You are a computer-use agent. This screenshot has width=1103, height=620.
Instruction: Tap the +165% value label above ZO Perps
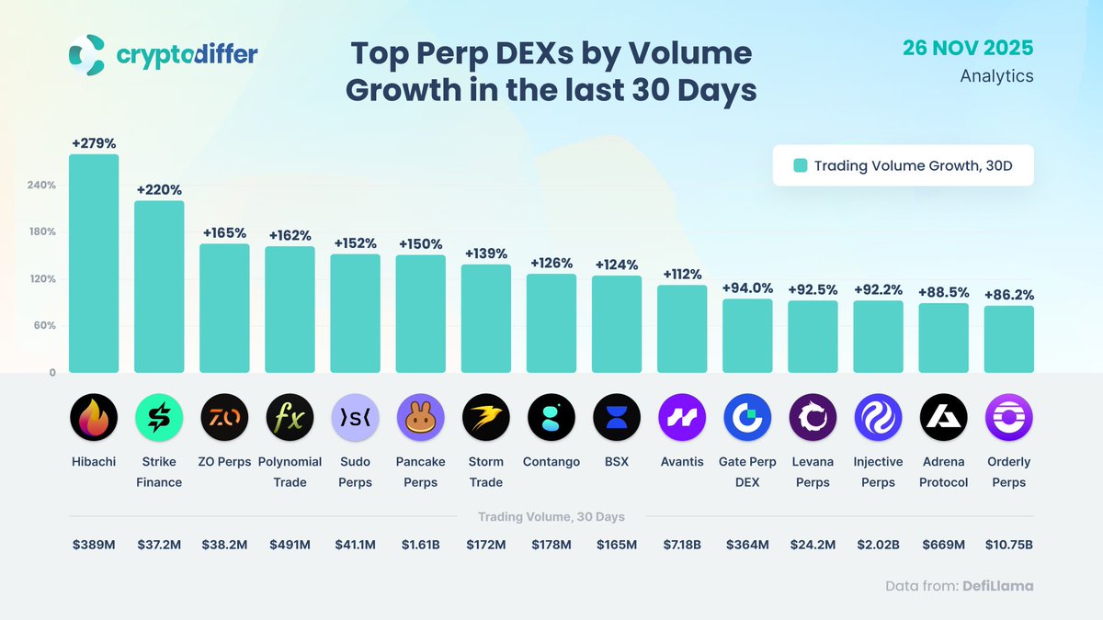pos(224,233)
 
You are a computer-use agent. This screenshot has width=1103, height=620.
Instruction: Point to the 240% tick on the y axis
pos(41,185)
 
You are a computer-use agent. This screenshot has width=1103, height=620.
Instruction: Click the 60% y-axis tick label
pos(44,326)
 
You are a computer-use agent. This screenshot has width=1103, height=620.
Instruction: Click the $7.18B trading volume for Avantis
pos(681,545)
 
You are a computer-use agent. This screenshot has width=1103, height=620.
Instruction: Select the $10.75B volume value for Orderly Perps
pos(1008,545)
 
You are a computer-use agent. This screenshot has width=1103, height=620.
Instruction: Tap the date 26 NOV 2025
pos(968,48)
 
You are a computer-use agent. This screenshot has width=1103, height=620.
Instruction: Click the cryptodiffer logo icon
pos(87,54)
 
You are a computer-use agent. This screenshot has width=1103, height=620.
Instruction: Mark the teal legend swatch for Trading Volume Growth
pos(800,165)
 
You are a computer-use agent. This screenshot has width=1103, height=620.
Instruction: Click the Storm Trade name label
pos(485,472)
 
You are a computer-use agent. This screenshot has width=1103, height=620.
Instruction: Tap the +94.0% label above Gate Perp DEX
pos(747,288)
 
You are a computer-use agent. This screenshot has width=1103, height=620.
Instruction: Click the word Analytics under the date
pos(996,76)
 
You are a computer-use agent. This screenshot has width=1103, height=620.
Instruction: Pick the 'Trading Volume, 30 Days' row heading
pos(551,517)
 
